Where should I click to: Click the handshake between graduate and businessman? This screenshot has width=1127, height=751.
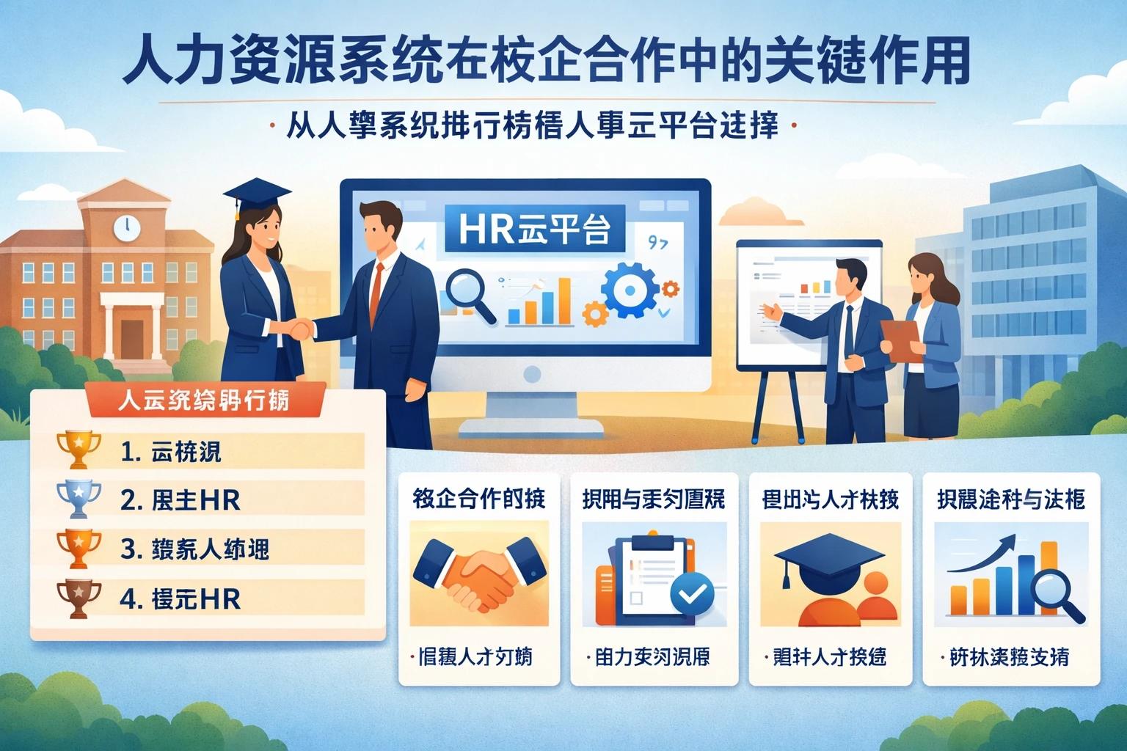click(x=299, y=329)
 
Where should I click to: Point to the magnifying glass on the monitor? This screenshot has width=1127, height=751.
click(x=470, y=294)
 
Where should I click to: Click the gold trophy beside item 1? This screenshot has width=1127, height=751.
click(x=79, y=449)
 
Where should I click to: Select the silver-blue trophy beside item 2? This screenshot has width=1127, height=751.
click(x=79, y=499)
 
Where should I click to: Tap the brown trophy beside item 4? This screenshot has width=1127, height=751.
click(x=79, y=598)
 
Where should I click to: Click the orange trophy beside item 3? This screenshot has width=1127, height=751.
click(x=79, y=548)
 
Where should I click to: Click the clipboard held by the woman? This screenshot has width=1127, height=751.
click(x=902, y=339)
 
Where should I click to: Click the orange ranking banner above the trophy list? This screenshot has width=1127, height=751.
click(x=203, y=400)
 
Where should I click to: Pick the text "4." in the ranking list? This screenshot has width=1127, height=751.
click(x=130, y=599)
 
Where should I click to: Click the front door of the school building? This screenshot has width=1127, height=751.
click(x=132, y=338)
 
